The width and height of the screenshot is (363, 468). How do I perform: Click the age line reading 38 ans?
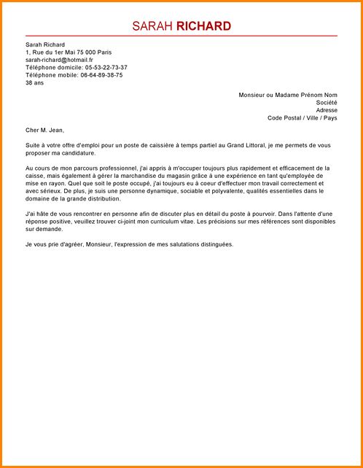[x=34, y=83]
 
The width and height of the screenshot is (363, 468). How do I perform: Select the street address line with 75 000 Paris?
[x=69, y=52]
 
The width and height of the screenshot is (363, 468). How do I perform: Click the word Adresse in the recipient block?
[x=327, y=110]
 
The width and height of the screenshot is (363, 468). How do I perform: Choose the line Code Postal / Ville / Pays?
[x=302, y=118]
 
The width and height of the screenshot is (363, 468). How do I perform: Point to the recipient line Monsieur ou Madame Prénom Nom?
[x=288, y=95]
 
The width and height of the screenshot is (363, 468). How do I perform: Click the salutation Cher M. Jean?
[x=43, y=130]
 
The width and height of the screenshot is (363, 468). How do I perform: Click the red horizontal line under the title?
[x=181, y=36]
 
